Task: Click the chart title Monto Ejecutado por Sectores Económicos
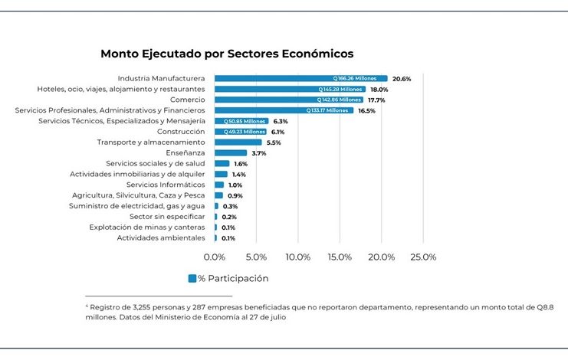(x=227, y=54)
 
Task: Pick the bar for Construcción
(x=240, y=132)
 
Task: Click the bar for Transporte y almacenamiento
(x=238, y=142)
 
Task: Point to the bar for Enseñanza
(x=230, y=153)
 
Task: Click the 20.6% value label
(x=402, y=79)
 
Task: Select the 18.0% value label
(x=379, y=90)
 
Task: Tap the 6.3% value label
(x=281, y=121)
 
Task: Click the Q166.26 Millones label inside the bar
(x=360, y=79)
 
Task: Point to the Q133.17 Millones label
(x=327, y=110)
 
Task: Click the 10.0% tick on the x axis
(x=298, y=257)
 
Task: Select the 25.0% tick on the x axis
(x=423, y=257)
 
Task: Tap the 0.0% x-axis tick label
(x=215, y=257)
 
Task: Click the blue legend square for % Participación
(x=192, y=278)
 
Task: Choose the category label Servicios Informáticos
(x=166, y=185)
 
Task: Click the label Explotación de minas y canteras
(x=147, y=227)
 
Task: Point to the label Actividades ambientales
(x=161, y=238)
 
